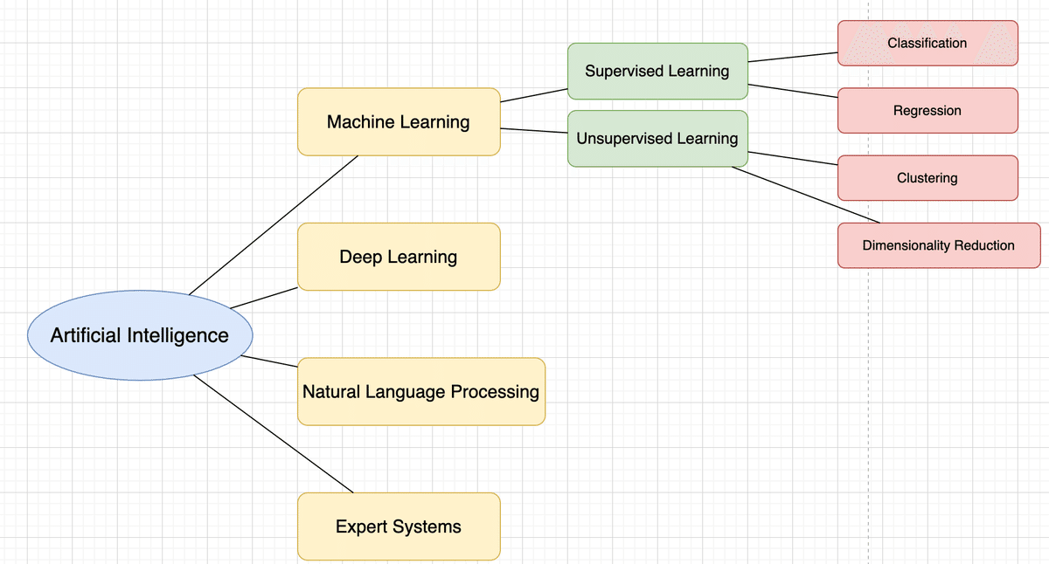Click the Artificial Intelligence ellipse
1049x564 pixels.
tap(140, 335)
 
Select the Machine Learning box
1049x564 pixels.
tap(399, 121)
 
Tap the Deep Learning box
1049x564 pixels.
tap(399, 257)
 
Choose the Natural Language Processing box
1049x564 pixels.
tap(420, 391)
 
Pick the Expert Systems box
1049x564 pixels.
tap(399, 526)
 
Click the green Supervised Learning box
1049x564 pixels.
tap(657, 71)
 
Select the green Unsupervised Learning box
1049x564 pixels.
tap(657, 138)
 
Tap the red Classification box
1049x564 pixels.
tap(927, 43)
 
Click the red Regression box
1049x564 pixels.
tap(927, 111)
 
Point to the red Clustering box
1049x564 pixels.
tap(927, 178)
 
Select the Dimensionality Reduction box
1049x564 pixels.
tap(939, 245)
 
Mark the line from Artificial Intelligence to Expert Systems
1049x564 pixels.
tap(273, 434)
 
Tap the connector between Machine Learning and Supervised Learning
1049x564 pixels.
tap(534, 95)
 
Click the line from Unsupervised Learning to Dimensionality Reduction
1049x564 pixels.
tap(805, 194)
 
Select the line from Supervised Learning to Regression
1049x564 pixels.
tap(793, 91)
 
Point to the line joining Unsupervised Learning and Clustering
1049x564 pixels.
tap(793, 158)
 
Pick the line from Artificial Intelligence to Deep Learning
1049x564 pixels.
tap(263, 297)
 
